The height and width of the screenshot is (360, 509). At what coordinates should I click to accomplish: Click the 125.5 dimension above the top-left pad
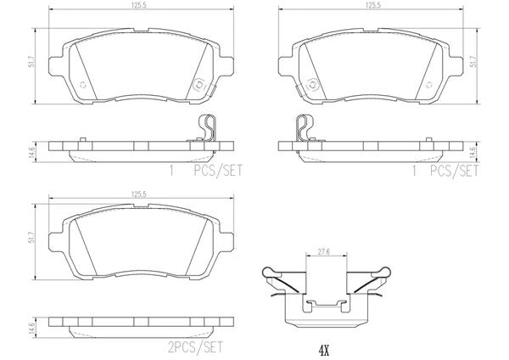pos(141,6)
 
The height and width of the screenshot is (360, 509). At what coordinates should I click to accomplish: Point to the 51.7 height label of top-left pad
pos(31,66)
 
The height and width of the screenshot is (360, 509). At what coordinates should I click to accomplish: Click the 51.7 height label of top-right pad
pos(474,61)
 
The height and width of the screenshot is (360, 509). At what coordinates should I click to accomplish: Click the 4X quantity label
pos(324,351)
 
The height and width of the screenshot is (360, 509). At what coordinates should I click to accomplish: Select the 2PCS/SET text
pos(196,347)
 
